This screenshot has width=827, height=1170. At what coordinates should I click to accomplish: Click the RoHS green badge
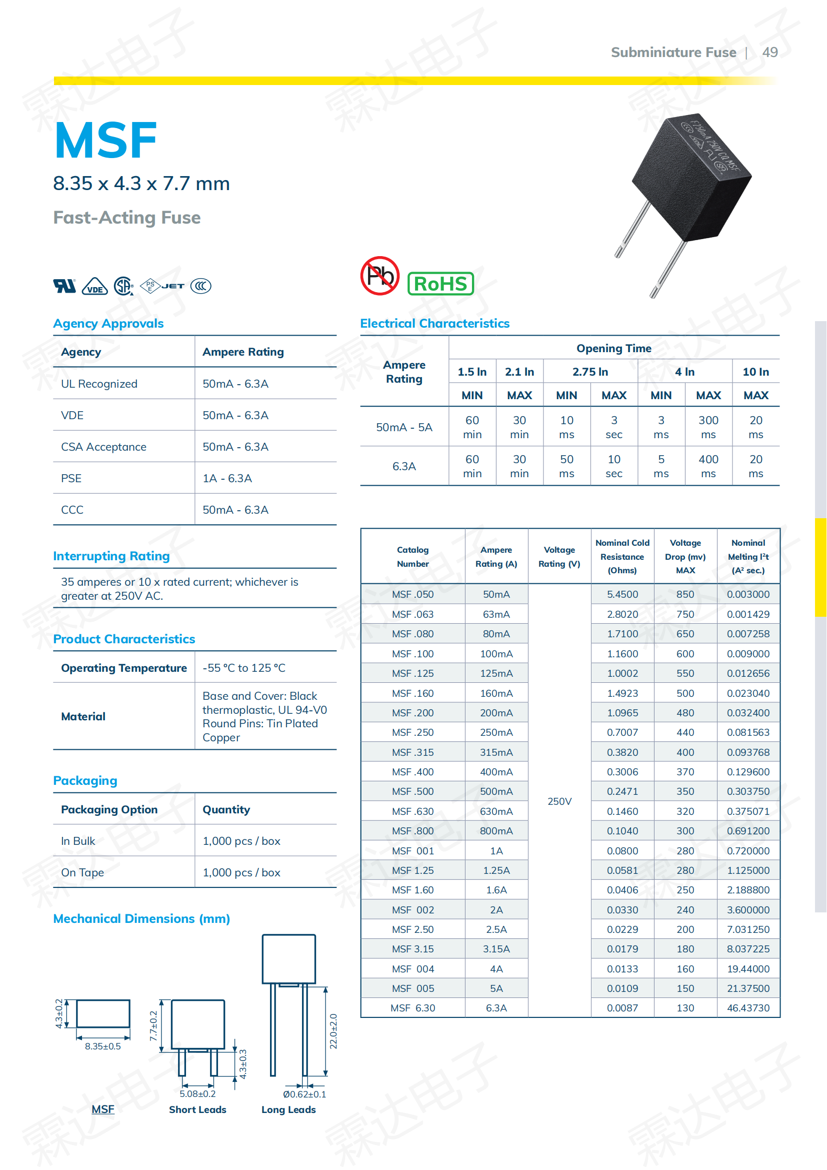click(x=440, y=284)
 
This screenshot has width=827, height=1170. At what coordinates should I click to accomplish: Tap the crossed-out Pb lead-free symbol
click(x=380, y=276)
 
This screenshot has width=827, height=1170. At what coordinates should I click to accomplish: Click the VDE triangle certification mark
click(x=94, y=287)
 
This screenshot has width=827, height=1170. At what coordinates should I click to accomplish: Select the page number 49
click(x=769, y=53)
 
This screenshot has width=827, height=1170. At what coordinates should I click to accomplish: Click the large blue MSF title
click(x=105, y=140)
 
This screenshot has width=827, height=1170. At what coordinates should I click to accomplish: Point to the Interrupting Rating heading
click(x=111, y=556)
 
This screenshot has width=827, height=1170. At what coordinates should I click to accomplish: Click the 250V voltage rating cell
click(x=559, y=801)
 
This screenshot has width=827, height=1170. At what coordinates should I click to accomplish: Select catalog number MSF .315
click(x=412, y=753)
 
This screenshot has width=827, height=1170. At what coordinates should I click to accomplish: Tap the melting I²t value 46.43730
click(x=748, y=1008)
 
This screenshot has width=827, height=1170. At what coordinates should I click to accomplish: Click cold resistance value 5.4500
click(x=622, y=595)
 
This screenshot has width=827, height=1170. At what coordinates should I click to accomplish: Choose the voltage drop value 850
click(x=685, y=595)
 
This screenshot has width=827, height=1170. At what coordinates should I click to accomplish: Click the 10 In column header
click(x=755, y=372)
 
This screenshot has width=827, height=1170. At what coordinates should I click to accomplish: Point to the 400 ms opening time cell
click(x=708, y=466)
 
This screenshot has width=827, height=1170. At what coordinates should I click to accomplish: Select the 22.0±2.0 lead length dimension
click(x=333, y=1031)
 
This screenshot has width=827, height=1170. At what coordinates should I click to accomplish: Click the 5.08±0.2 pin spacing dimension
click(x=197, y=1094)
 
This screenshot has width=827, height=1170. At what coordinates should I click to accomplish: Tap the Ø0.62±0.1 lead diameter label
click(x=304, y=1094)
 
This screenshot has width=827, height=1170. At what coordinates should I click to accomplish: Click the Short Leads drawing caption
click(x=197, y=1110)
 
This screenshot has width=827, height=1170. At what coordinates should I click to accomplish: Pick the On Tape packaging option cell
click(x=82, y=873)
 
